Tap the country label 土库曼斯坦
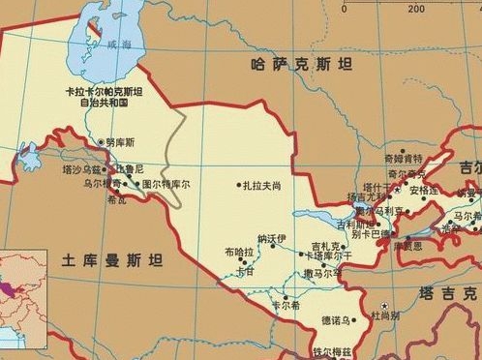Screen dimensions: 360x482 [111, 260]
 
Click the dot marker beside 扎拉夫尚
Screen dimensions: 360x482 [238, 185]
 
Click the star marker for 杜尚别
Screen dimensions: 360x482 [382, 305]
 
